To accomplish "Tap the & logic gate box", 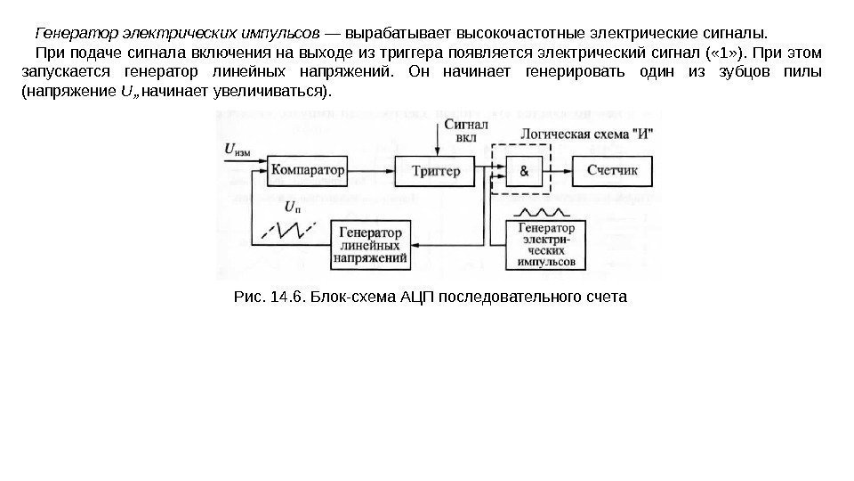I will pyautogui.click(x=523, y=170).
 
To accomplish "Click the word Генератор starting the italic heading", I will pyautogui.click(x=70, y=34).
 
